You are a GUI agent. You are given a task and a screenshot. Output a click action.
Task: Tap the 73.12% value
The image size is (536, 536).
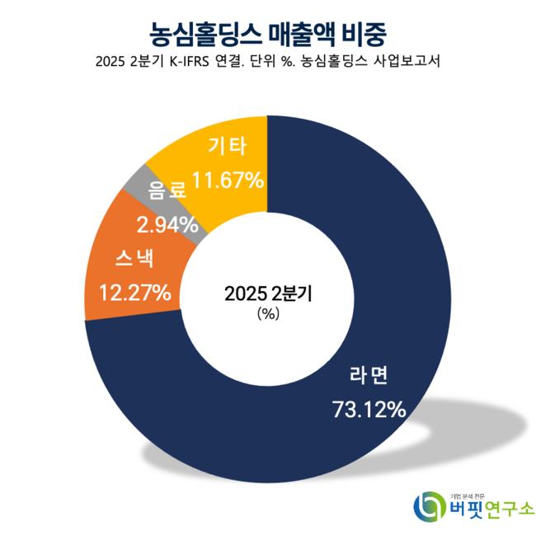click(x=369, y=407)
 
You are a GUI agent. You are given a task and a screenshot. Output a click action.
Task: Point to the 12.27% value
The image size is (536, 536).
click(x=134, y=292)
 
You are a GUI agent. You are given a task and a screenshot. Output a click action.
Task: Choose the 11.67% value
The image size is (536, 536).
click(x=227, y=178)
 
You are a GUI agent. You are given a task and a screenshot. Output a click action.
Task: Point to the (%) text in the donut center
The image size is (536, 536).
click(x=268, y=313)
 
